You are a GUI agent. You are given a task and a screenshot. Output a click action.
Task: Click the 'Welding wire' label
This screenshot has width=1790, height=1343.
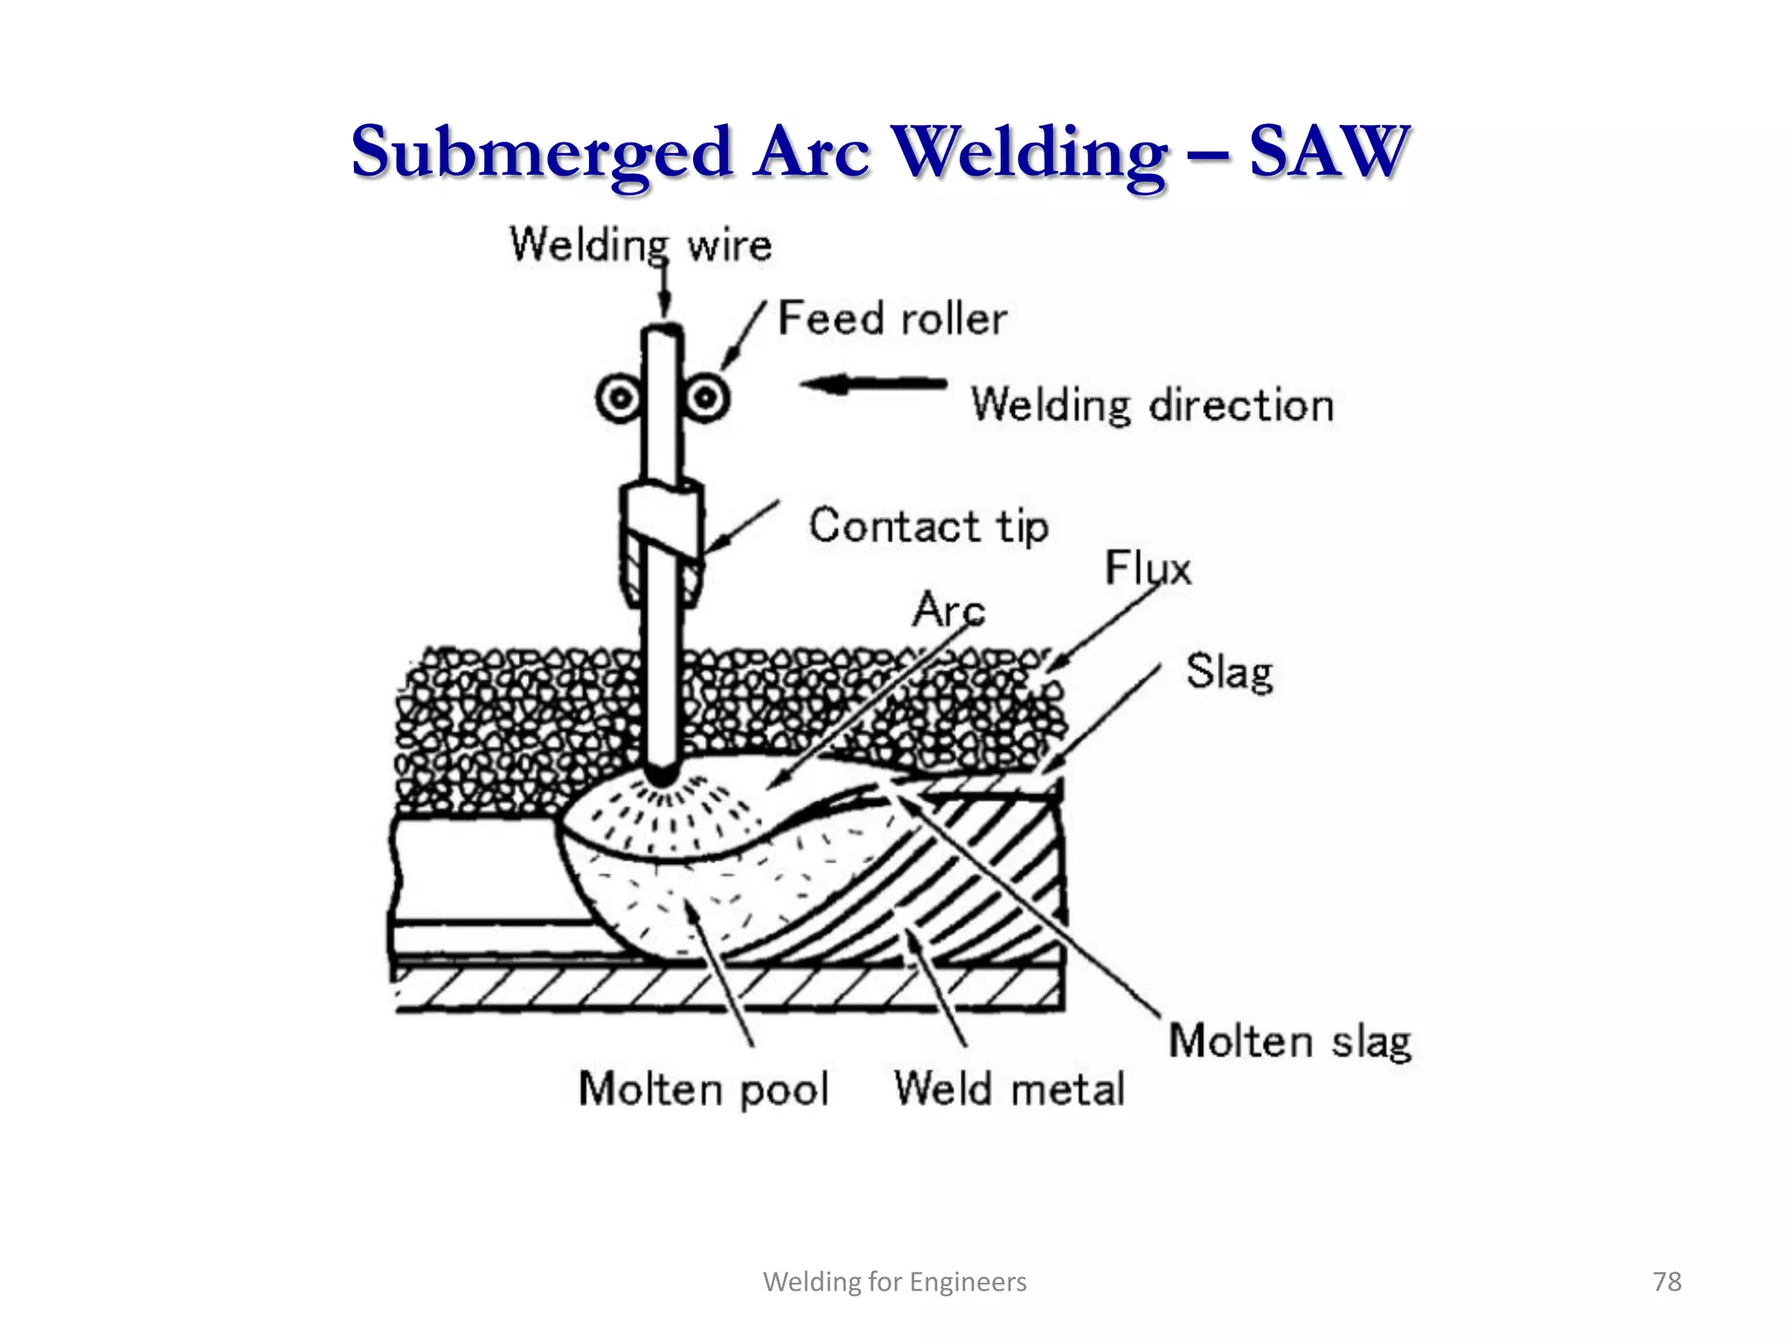coord(641,244)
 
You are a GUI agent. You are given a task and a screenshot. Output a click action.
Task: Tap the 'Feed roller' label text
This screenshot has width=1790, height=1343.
coord(892,318)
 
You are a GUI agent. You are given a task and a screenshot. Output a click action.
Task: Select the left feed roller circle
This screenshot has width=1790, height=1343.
coord(620,399)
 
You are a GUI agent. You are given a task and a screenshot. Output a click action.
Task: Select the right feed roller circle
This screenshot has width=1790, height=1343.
coord(706,399)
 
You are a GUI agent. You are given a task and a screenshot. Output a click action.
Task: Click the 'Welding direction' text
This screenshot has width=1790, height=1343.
coord(1152,406)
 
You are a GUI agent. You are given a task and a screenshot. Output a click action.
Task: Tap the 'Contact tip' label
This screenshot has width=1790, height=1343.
coord(928,526)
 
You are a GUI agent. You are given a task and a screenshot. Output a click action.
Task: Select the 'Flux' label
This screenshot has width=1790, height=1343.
coord(1148,568)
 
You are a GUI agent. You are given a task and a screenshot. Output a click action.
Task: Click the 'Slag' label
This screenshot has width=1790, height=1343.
coord(1228,672)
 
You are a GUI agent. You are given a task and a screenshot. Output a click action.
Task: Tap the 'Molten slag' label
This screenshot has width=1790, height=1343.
coord(1290,1042)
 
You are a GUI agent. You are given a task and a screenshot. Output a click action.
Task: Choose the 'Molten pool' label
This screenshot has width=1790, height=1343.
coord(704,1089)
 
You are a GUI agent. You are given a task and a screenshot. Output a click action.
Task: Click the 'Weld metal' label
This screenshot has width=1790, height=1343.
coord(1009,1089)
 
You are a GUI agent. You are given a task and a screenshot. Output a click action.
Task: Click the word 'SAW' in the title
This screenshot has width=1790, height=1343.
coord(1329,151)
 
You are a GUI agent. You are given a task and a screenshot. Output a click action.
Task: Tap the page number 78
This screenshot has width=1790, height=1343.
coord(1667,1282)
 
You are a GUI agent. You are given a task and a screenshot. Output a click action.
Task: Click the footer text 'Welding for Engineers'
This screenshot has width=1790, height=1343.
coord(895,1282)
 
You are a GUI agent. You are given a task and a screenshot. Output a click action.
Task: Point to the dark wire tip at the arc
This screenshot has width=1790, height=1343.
coord(663,775)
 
